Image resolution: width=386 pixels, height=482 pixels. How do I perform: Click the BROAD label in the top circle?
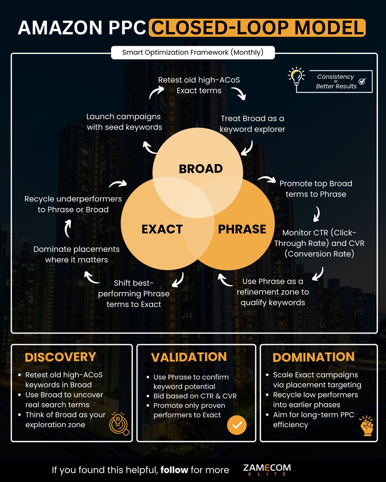click(x=201, y=169)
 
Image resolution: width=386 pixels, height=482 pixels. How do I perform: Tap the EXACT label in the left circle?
click(x=162, y=229)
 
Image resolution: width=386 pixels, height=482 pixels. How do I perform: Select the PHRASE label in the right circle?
click(x=242, y=229)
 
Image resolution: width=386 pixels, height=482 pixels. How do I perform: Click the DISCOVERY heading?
click(x=60, y=357)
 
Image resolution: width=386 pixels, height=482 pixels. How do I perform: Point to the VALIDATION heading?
click(x=189, y=357)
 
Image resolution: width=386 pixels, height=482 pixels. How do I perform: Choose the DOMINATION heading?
click(x=314, y=357)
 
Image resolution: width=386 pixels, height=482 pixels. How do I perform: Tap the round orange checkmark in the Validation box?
click(x=237, y=425)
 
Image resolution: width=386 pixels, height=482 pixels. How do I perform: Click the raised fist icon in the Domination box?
click(x=366, y=425)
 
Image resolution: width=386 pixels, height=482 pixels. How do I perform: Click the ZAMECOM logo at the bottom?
click(x=267, y=470)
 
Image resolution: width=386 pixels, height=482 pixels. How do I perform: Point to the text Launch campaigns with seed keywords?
click(x=123, y=122)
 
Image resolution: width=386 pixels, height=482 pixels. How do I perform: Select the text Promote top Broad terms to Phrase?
click(x=316, y=189)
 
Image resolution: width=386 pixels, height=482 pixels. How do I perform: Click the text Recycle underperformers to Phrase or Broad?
click(x=73, y=204)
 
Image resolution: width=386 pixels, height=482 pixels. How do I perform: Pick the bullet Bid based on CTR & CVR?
click(x=195, y=396)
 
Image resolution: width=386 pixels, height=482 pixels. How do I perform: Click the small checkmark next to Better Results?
click(x=362, y=81)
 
